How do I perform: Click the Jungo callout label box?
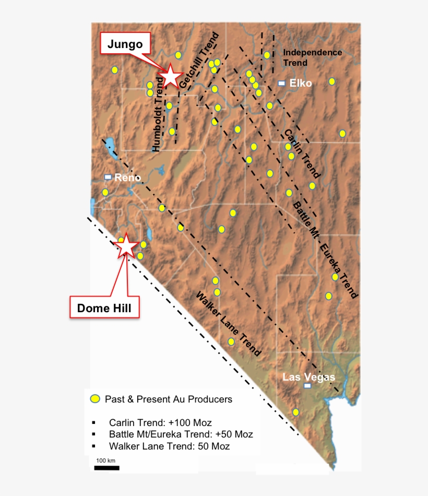[125, 44]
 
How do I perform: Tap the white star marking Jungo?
[171, 76]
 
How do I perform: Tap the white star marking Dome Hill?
[126, 245]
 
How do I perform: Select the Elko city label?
[301, 83]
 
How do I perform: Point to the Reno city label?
[127, 178]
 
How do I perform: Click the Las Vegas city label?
[308, 377]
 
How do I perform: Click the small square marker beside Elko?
[281, 83]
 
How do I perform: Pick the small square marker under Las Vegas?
[307, 386]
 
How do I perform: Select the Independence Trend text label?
[312, 57]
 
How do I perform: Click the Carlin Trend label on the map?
[301, 153]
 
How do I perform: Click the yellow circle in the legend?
[94, 399]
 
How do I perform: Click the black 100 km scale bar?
[106, 467]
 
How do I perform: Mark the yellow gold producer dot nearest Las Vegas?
[296, 412]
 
